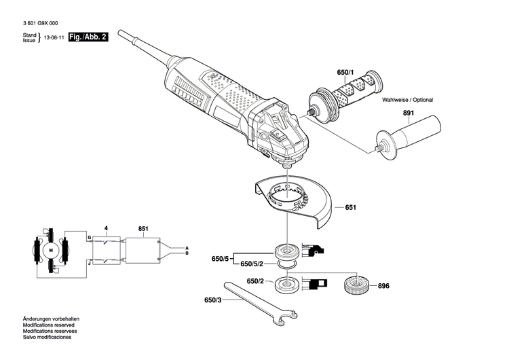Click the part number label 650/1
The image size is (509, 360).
pos(345,72)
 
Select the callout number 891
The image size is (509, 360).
pos(408,113)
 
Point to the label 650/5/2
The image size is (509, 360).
pos(252,265)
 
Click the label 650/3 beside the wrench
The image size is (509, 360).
pos(214,300)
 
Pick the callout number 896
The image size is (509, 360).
pos(383,286)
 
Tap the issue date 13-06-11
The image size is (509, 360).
pos(54,38)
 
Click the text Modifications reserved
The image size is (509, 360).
pos(48,325)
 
